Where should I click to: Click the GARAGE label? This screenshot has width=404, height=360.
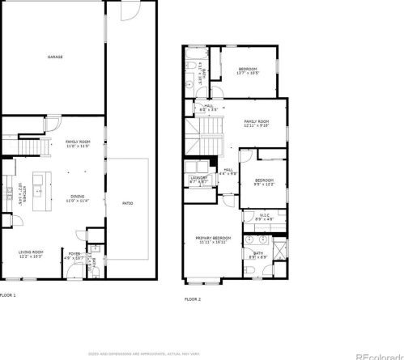click(55, 57)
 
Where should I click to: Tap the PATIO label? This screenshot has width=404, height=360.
click(128, 202)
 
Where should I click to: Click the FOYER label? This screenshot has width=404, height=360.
click(74, 254)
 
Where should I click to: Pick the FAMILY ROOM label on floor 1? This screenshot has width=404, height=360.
click(77, 142)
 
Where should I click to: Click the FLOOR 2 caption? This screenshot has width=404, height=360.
click(192, 299)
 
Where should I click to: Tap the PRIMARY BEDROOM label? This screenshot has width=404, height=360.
click(213, 237)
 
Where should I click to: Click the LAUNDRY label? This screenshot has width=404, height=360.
click(198, 178)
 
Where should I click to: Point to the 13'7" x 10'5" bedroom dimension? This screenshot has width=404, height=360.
click(247, 74)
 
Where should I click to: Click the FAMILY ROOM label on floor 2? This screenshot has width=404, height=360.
click(256, 121)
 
